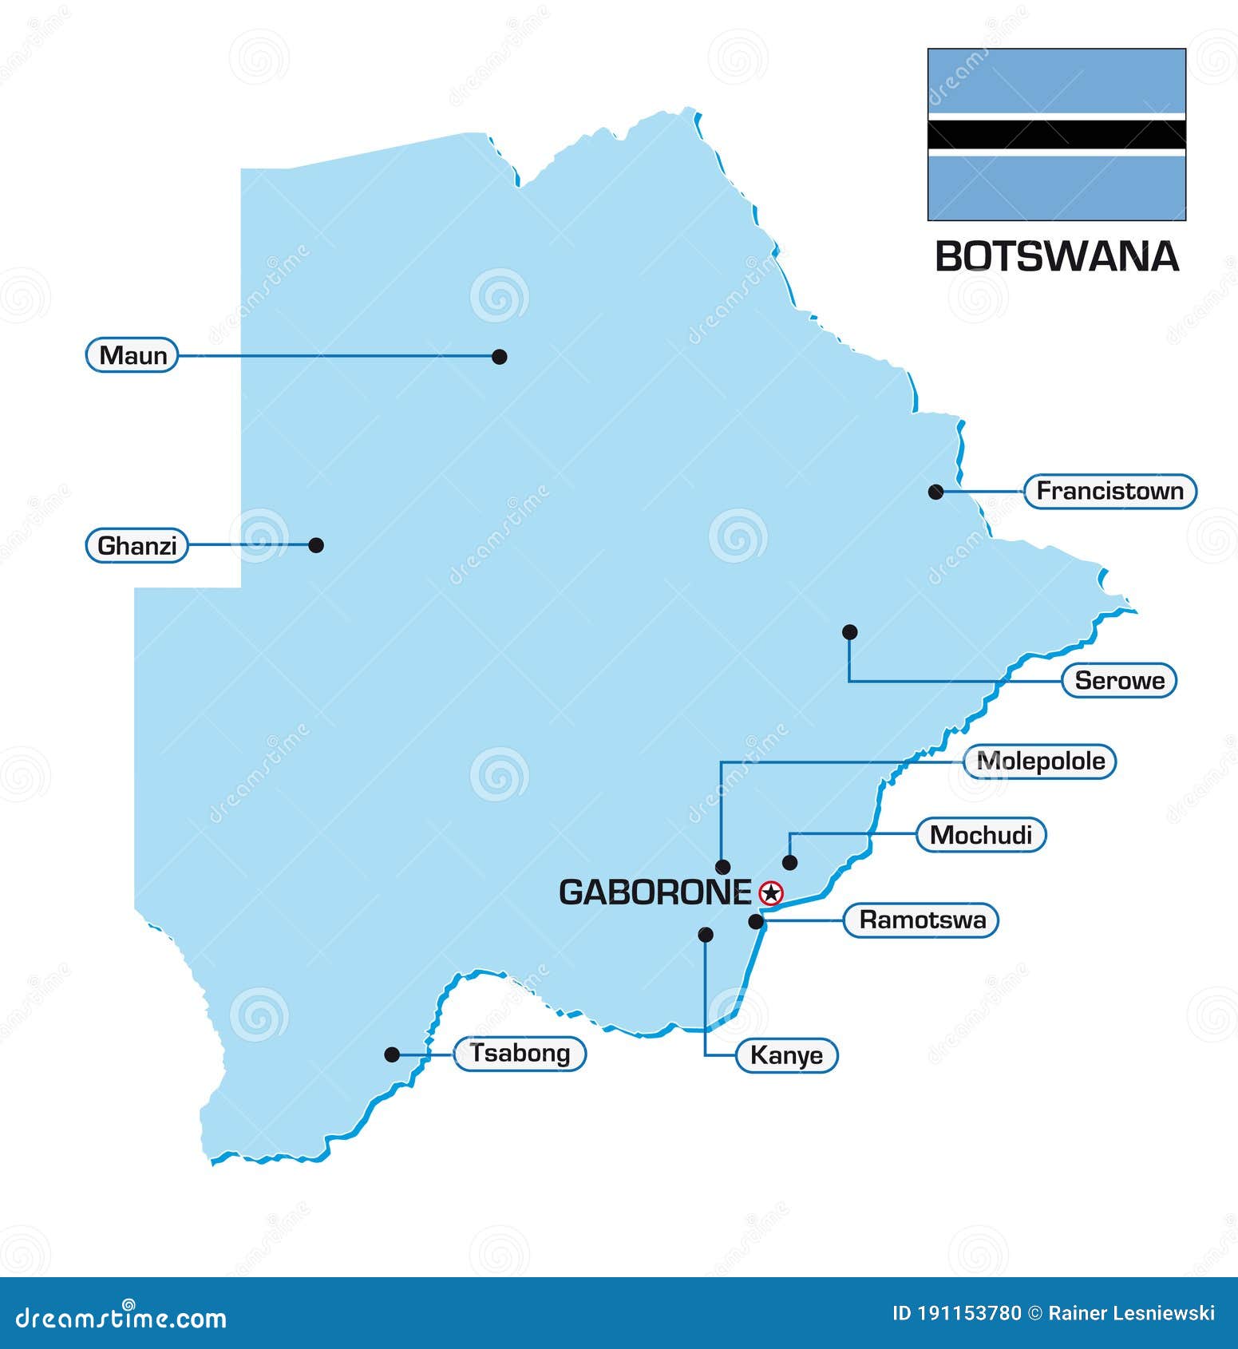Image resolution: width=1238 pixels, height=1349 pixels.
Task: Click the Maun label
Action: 133,355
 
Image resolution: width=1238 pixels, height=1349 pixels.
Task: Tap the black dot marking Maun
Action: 500,357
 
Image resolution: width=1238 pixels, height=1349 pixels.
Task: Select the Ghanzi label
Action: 136,546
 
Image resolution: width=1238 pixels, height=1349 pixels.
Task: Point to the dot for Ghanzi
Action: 316,545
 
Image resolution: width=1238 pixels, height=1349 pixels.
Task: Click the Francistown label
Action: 1109,491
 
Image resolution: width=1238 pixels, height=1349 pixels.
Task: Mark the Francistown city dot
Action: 935,492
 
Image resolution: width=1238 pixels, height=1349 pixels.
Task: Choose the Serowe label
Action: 1119,681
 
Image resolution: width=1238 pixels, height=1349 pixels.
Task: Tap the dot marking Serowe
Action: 850,632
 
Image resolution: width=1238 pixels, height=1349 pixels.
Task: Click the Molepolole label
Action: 1040,762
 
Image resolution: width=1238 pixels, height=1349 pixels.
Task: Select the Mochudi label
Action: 981,836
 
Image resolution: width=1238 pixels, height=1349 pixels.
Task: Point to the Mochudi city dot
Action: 789,862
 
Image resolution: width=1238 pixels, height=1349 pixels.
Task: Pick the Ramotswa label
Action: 922,920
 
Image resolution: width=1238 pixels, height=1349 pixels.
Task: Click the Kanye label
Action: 786,1055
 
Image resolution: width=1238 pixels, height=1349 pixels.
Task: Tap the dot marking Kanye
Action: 706,935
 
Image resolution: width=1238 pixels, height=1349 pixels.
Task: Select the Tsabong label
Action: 520,1054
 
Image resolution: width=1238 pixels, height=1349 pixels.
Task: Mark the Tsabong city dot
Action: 392,1054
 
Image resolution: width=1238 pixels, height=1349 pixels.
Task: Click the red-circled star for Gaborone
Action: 771,892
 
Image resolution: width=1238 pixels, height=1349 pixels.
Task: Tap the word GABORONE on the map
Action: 655,892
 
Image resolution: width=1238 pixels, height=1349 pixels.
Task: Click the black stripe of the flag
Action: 1056,134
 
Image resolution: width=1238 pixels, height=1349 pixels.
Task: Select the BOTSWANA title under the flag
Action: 1056,257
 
